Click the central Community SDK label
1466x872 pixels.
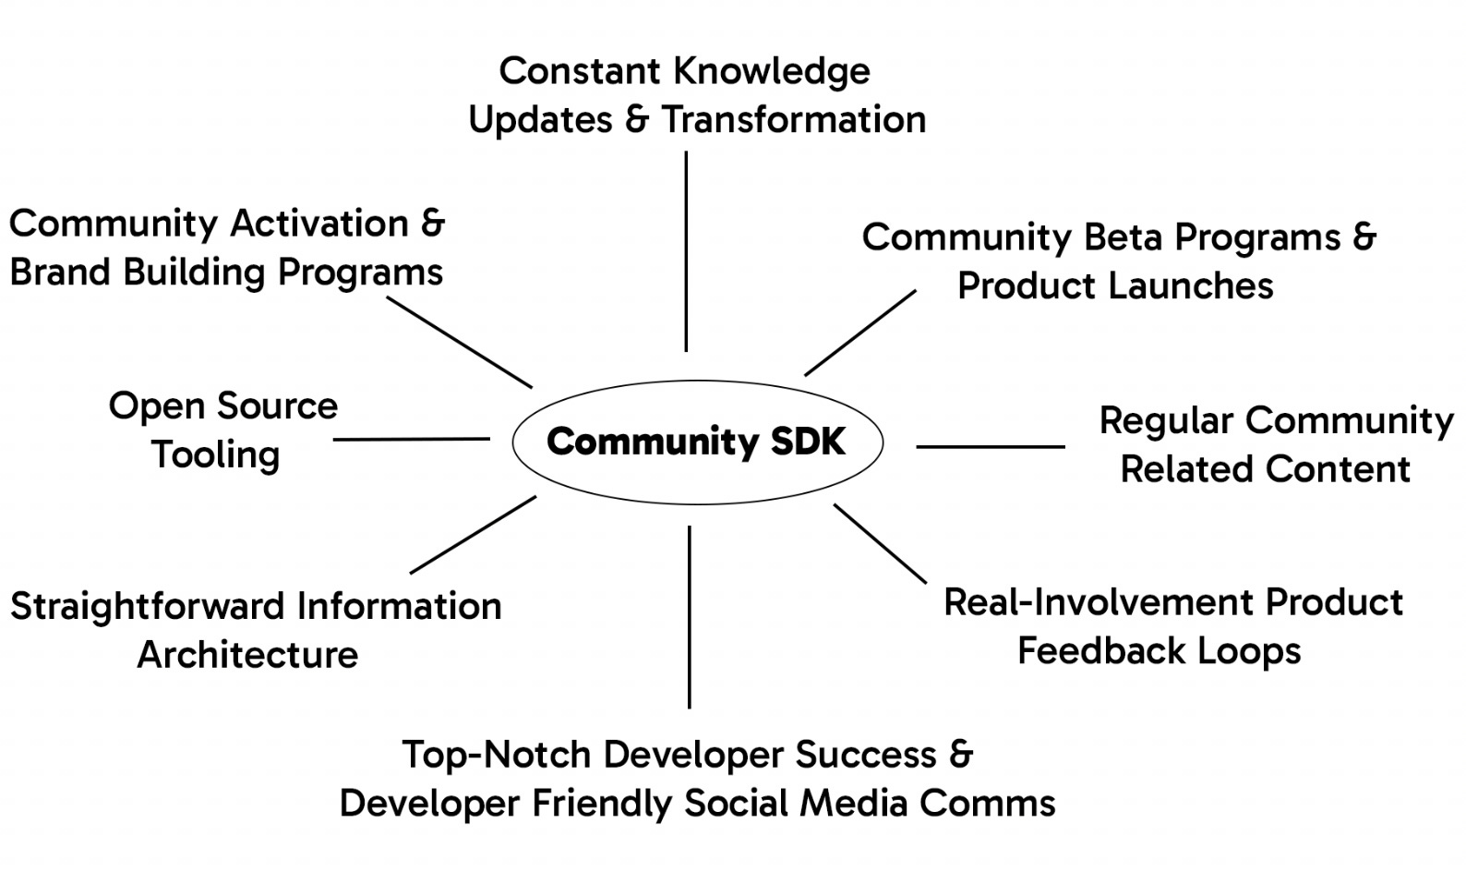click(x=696, y=442)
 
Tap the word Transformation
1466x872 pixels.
click(x=794, y=120)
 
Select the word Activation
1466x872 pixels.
click(x=319, y=224)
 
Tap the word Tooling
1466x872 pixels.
click(x=216, y=455)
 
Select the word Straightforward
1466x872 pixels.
click(x=148, y=607)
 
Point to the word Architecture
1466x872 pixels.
click(x=247, y=655)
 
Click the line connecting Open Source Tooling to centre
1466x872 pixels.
click(x=412, y=440)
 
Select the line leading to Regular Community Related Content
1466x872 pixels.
click(x=991, y=447)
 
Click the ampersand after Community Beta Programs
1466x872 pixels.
click(x=1364, y=237)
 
